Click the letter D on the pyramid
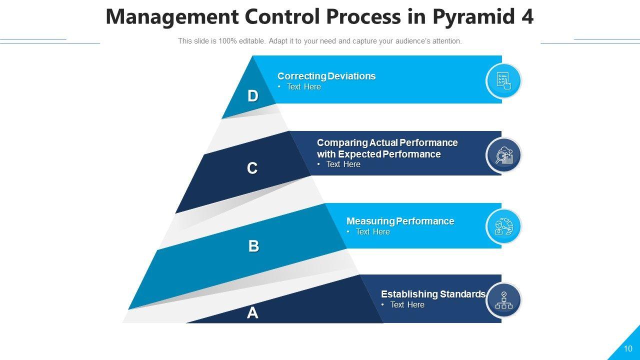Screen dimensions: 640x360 pyautogui.click(x=253, y=96)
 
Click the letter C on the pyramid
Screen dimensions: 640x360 pyautogui.click(x=252, y=168)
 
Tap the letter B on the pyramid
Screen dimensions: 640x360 pyautogui.click(x=253, y=246)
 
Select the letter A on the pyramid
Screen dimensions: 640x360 pyautogui.click(x=252, y=313)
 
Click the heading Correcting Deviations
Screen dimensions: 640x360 pyautogui.click(x=326, y=76)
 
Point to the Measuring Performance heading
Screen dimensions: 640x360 pyautogui.click(x=400, y=221)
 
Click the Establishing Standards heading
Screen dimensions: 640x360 pyautogui.click(x=433, y=294)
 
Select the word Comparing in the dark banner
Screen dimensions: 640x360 pyautogui.click(x=342, y=143)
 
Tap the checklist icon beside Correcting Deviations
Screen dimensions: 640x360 pyautogui.click(x=503, y=81)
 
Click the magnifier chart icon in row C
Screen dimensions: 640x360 pyautogui.click(x=504, y=155)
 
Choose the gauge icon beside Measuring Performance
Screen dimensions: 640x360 pyautogui.click(x=503, y=226)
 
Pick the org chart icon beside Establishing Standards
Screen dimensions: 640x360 pyautogui.click(x=504, y=300)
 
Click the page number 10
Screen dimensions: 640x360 pyautogui.click(x=628, y=349)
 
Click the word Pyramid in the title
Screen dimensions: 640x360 pyautogui.click(x=474, y=17)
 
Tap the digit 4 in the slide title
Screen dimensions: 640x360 pyautogui.click(x=527, y=17)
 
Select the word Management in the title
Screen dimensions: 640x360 pyautogui.click(x=172, y=17)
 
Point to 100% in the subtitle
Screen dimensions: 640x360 pyautogui.click(x=227, y=41)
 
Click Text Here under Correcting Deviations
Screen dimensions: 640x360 pyautogui.click(x=303, y=87)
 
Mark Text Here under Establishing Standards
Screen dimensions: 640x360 pyautogui.click(x=407, y=305)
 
